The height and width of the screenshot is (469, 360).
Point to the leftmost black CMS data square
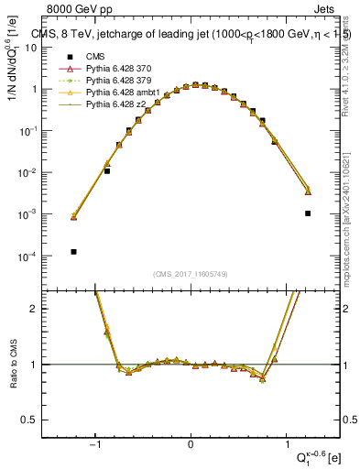[73, 251]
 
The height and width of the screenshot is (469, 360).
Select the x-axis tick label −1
[96, 445]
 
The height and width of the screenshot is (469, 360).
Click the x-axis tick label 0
[191, 445]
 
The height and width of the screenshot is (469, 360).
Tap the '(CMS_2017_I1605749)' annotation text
[191, 274]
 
